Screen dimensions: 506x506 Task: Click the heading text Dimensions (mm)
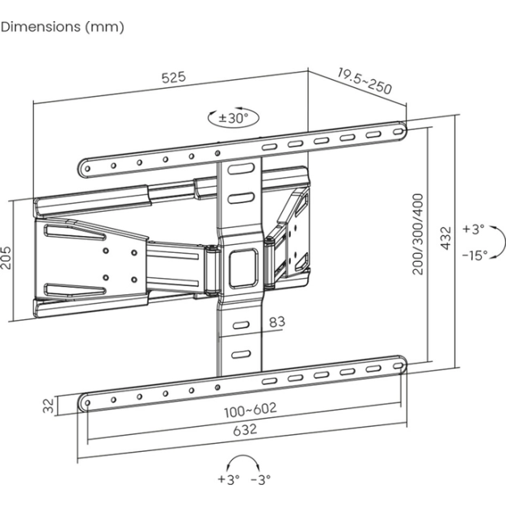(x=63, y=27)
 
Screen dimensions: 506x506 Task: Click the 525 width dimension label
(x=174, y=78)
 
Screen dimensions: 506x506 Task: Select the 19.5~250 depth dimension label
(x=364, y=81)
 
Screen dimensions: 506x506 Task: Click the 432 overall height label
(x=444, y=240)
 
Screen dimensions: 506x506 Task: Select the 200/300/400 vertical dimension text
(x=419, y=234)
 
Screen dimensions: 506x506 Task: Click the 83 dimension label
(x=276, y=322)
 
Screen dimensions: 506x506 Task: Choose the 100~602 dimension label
(x=251, y=409)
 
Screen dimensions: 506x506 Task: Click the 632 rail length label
(x=245, y=430)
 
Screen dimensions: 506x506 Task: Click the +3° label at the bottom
(x=229, y=479)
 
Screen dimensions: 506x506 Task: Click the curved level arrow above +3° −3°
(x=244, y=461)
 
